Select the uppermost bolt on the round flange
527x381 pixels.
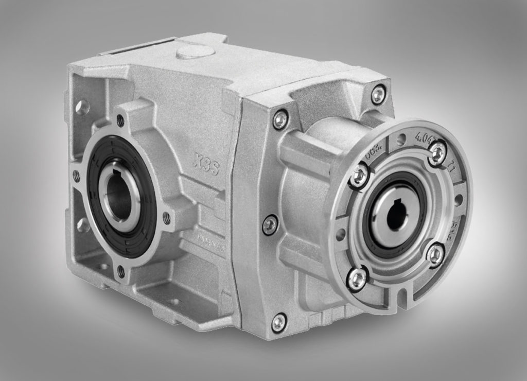pyautogui.click(x=437, y=152)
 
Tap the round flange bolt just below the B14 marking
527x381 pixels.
pyautogui.click(x=435, y=253)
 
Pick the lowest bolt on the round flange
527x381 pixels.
pyautogui.click(x=357, y=279)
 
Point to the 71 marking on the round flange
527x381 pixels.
pyautogui.click(x=449, y=166)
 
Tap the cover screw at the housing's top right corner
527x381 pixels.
pyautogui.click(x=378, y=94)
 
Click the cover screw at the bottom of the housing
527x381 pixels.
pyautogui.click(x=278, y=322)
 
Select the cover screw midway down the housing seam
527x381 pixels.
pyautogui.click(x=270, y=225)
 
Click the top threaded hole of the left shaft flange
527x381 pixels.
pyautogui.click(x=120, y=121)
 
